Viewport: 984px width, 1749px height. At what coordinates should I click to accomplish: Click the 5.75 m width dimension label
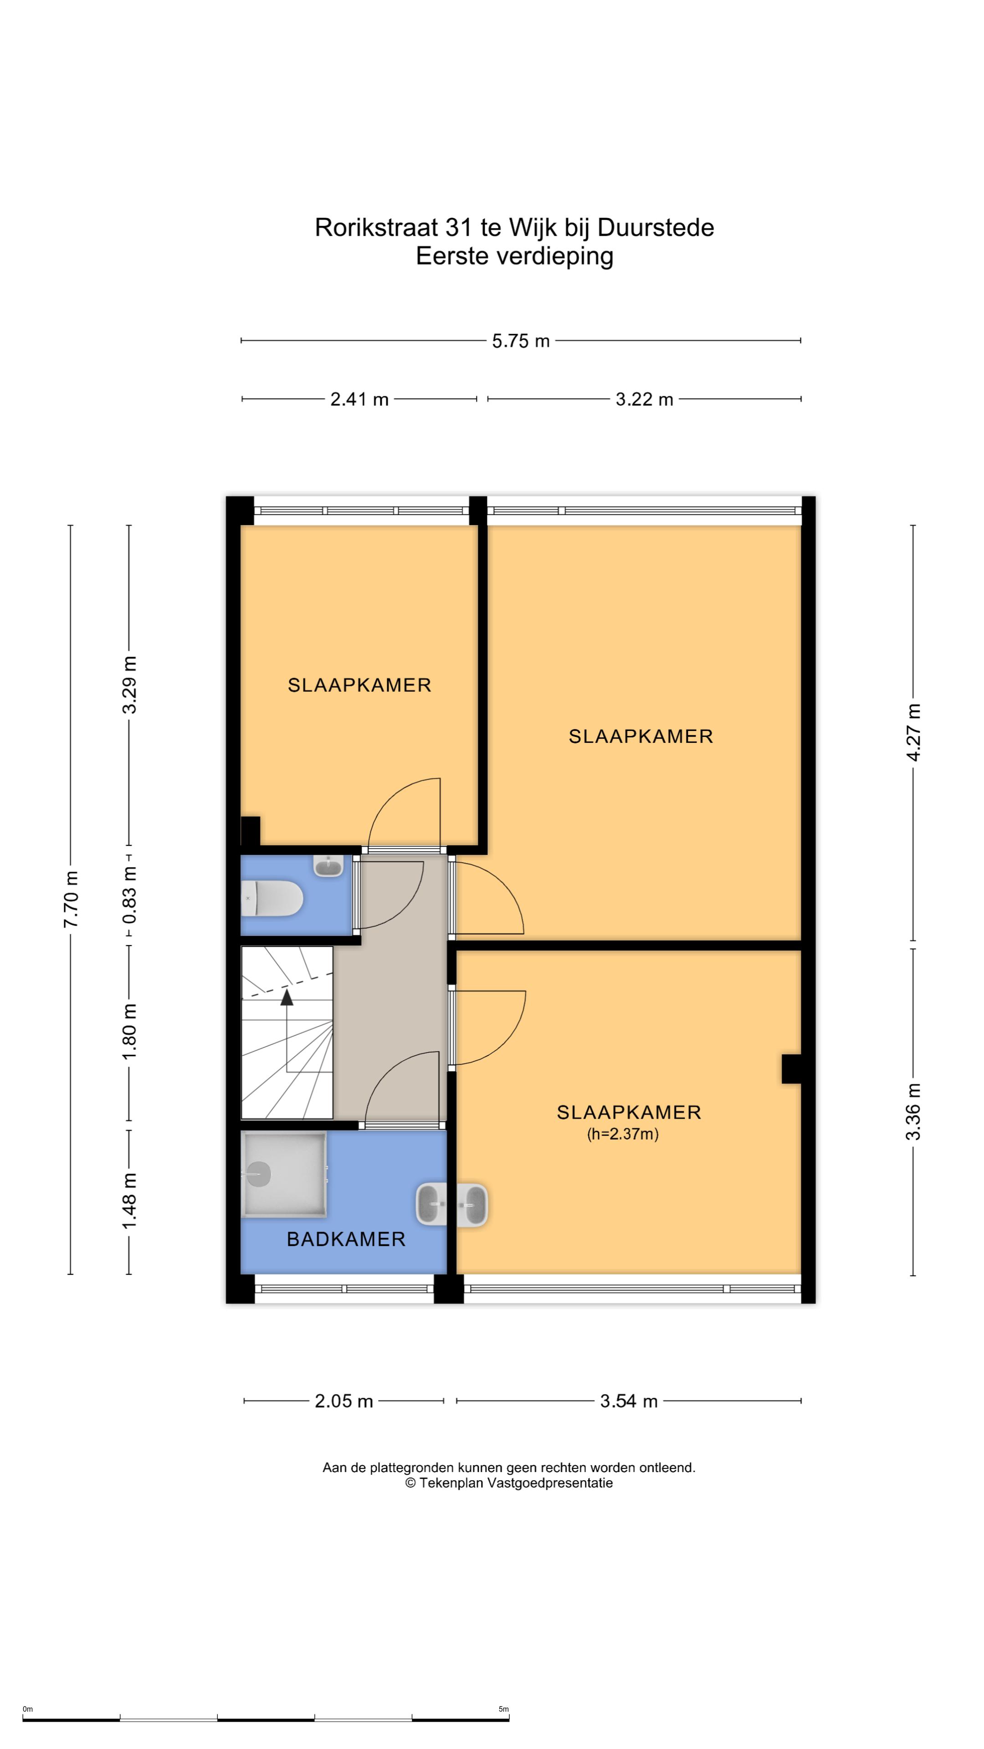coord(520,341)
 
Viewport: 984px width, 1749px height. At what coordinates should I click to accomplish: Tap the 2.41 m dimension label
coord(359,399)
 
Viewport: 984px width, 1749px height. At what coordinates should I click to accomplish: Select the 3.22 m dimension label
coord(645,399)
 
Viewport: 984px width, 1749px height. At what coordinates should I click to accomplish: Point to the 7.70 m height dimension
coord(71,899)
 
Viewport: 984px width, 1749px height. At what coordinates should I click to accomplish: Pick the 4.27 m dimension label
coord(913,732)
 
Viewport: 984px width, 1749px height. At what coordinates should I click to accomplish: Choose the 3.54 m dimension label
coord(629,1401)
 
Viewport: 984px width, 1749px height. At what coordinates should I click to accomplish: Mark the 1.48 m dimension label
coord(129,1201)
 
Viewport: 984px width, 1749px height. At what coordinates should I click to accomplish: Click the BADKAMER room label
coord(346,1239)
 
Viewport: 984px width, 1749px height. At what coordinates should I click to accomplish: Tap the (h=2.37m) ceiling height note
coord(623,1133)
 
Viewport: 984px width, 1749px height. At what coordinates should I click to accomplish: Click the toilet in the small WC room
coord(272,898)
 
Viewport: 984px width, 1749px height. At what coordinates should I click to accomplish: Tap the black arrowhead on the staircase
coord(287,997)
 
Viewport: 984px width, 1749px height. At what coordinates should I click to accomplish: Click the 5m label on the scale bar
coord(503,1709)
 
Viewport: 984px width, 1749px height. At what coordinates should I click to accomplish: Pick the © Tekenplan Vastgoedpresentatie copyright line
coord(509,1483)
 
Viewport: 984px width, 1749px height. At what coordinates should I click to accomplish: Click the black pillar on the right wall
coord(792,1069)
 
